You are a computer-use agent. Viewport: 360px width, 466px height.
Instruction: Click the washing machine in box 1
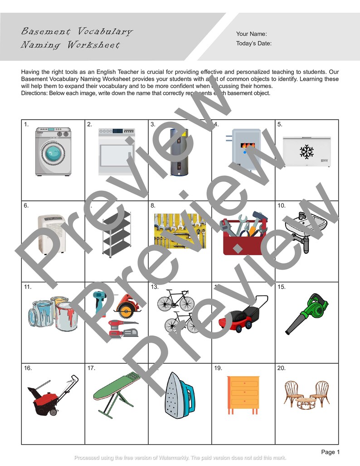click(x=54, y=151)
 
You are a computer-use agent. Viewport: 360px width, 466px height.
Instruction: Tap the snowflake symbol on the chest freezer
click(x=306, y=151)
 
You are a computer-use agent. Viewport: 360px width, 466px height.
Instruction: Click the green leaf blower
click(x=307, y=313)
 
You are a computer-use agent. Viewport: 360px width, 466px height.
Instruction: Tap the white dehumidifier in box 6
click(x=51, y=234)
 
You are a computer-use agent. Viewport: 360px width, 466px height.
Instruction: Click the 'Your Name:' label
click(x=251, y=34)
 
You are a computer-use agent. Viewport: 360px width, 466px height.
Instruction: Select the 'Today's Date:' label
click(x=254, y=44)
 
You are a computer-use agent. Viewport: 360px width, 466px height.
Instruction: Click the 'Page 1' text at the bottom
click(x=330, y=452)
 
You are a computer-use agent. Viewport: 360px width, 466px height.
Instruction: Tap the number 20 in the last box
click(x=281, y=368)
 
